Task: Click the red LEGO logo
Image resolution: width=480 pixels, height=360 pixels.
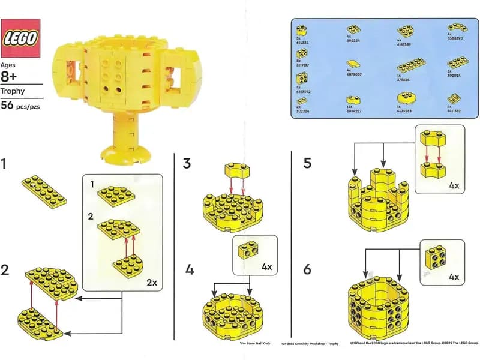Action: click(x=22, y=38)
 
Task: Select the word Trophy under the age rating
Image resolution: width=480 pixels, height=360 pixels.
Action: click(x=13, y=92)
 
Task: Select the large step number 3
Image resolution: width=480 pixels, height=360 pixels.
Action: click(x=187, y=163)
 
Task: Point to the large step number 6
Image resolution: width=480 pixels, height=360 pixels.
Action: click(x=307, y=269)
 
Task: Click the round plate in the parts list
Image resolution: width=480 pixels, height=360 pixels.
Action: click(x=406, y=98)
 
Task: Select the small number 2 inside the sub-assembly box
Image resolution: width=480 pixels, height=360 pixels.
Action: click(x=91, y=214)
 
